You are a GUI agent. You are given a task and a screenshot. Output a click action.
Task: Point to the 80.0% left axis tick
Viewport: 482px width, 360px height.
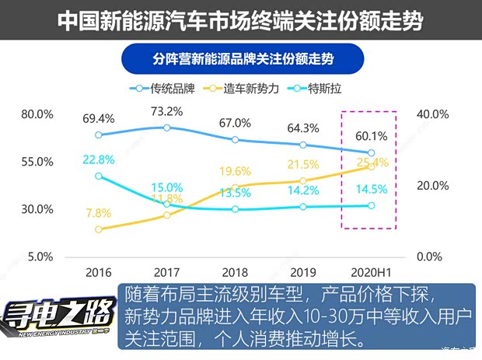coord(37,114)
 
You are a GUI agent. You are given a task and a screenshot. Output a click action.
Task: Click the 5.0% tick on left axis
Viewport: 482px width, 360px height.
coord(40,257)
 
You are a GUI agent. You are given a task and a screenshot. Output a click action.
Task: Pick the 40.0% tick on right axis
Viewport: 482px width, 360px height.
coord(434,114)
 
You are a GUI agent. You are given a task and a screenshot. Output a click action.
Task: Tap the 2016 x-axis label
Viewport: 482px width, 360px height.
coord(99,273)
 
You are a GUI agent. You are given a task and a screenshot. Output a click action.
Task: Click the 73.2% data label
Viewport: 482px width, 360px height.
coord(166,111)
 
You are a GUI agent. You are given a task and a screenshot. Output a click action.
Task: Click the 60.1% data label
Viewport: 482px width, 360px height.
coord(370,136)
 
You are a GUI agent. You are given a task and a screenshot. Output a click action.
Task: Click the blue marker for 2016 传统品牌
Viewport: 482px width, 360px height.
coord(99,135)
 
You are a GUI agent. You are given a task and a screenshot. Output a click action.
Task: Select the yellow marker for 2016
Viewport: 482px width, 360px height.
coord(99,229)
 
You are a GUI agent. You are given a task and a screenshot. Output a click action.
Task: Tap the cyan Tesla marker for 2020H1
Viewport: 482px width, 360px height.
coord(371,205)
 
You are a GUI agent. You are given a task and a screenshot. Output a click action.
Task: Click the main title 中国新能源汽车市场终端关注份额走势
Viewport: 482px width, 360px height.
coord(240,21)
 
